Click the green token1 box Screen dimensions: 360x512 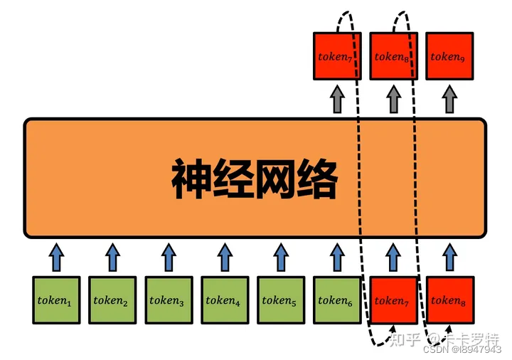coord(57,300)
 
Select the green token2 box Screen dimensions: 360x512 coord(112,300)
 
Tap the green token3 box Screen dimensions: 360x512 coord(169,300)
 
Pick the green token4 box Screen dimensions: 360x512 coord(225,300)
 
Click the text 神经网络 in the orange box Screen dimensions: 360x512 coord(254,179)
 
